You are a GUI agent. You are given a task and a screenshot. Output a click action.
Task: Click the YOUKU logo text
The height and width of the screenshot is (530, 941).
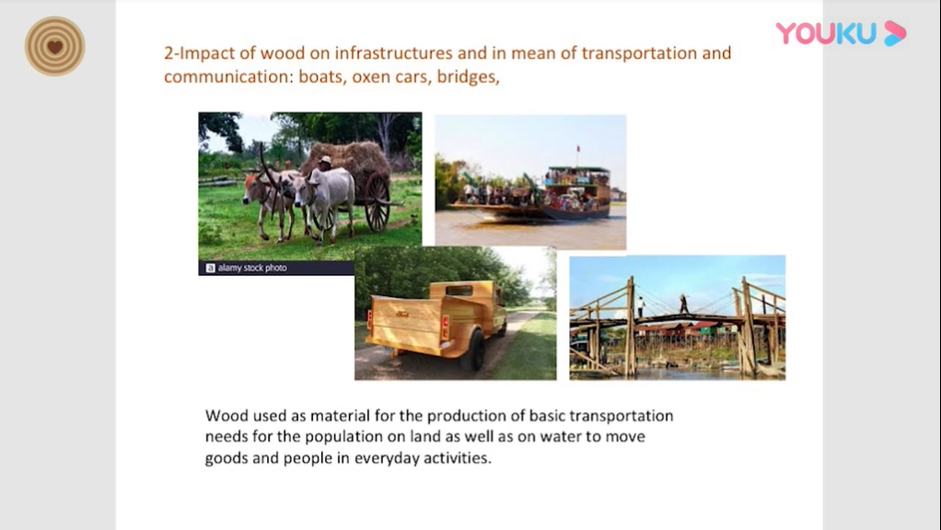click(826, 33)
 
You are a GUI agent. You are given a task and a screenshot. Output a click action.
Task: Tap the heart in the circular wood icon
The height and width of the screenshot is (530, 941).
click(54, 47)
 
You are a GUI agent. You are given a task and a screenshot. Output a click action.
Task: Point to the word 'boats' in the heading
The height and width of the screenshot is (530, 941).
click(321, 76)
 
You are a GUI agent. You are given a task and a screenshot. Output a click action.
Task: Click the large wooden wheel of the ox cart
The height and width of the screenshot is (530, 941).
click(377, 202)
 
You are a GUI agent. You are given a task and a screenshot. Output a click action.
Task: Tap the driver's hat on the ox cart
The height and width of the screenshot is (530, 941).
click(325, 160)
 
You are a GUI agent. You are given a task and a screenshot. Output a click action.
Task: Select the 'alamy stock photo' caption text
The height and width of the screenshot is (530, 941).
click(252, 268)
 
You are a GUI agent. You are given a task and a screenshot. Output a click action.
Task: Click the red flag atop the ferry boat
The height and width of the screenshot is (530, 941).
click(578, 149)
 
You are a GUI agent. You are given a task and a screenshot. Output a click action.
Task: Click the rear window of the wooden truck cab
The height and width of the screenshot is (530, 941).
click(459, 291)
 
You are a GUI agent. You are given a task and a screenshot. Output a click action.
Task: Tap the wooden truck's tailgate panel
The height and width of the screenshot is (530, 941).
click(406, 323)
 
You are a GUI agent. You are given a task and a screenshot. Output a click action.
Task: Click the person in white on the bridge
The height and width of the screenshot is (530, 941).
click(641, 306)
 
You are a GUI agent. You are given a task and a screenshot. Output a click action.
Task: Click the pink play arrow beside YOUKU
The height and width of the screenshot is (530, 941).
click(894, 33)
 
